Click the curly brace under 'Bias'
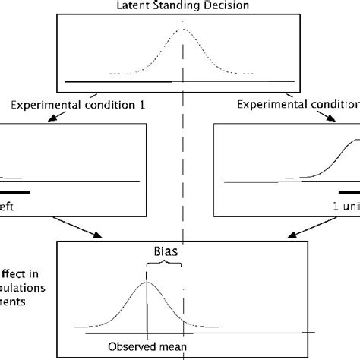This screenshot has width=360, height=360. tap(164, 263)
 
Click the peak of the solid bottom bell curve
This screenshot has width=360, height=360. tap(147, 283)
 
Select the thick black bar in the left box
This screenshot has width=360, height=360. tap(15, 192)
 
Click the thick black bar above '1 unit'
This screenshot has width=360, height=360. tap(349, 192)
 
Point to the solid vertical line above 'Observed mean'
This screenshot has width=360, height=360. tap(147, 304)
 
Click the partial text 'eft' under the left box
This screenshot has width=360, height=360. tap(8, 207)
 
